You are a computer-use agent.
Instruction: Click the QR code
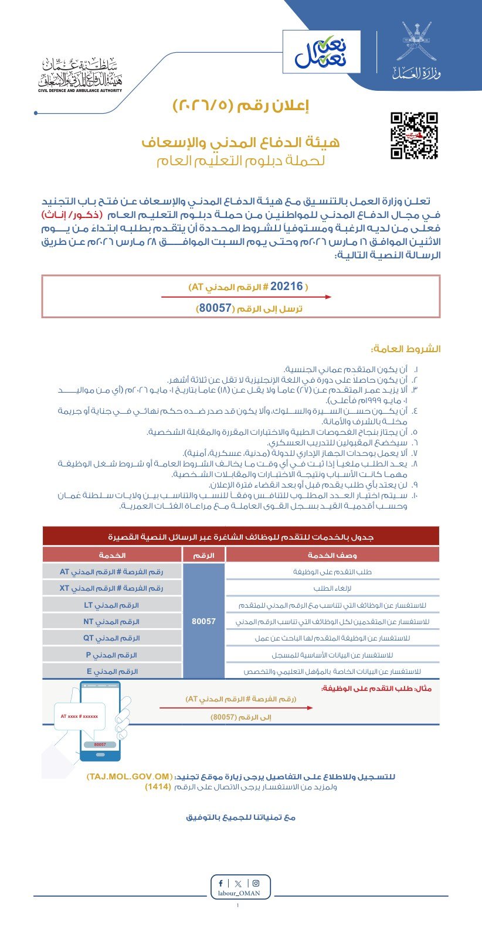click(x=414, y=135)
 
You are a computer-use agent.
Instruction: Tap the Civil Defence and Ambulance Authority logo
click(x=80, y=76)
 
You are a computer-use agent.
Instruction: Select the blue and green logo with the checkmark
click(x=321, y=51)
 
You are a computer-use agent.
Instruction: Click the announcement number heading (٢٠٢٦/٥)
click(x=240, y=105)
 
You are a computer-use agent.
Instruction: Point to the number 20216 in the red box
click(x=287, y=287)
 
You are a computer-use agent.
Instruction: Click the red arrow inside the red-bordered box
click(x=246, y=297)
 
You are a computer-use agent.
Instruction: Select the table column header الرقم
click(x=203, y=555)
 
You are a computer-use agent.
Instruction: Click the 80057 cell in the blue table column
click(x=203, y=621)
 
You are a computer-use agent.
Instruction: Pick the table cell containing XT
click(x=111, y=588)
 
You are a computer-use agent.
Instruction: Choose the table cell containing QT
click(x=111, y=638)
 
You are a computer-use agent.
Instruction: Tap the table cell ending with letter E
click(x=111, y=672)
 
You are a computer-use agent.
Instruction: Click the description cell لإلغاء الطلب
click(x=332, y=588)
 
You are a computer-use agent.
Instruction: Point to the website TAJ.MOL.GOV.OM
click(x=129, y=776)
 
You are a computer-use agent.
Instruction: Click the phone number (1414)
click(x=158, y=787)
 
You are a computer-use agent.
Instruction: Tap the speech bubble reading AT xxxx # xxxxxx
click(x=79, y=716)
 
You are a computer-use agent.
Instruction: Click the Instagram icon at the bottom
click(x=256, y=883)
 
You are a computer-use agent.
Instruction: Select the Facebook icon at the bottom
click(x=220, y=883)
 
